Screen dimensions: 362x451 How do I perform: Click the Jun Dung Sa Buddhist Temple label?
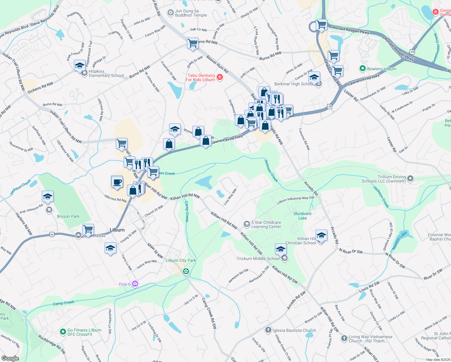(191, 13)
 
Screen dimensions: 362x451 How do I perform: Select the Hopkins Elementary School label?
(106, 74)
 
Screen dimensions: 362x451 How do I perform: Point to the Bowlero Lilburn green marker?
(362, 69)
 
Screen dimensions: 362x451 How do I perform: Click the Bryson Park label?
(68, 216)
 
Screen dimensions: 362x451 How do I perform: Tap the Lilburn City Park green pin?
(186, 271)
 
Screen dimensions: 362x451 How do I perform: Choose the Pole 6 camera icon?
(135, 284)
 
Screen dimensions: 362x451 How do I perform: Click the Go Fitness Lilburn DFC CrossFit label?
(84, 332)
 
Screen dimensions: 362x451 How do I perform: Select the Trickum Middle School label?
(258, 259)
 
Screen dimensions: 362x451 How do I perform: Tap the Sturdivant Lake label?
(302, 216)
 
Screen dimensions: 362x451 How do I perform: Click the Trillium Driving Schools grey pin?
(410, 179)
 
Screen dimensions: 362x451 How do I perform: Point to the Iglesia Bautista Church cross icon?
(268, 330)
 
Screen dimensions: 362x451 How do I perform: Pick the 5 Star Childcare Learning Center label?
(266, 224)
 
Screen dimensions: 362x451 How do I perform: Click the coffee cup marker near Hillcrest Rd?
(117, 182)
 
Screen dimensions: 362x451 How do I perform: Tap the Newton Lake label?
(400, 240)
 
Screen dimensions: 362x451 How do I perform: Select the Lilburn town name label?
(117, 230)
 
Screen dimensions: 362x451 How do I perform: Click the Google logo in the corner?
(10, 358)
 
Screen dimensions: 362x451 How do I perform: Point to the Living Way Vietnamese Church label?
(371, 339)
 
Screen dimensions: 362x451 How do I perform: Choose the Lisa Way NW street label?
(230, 197)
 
